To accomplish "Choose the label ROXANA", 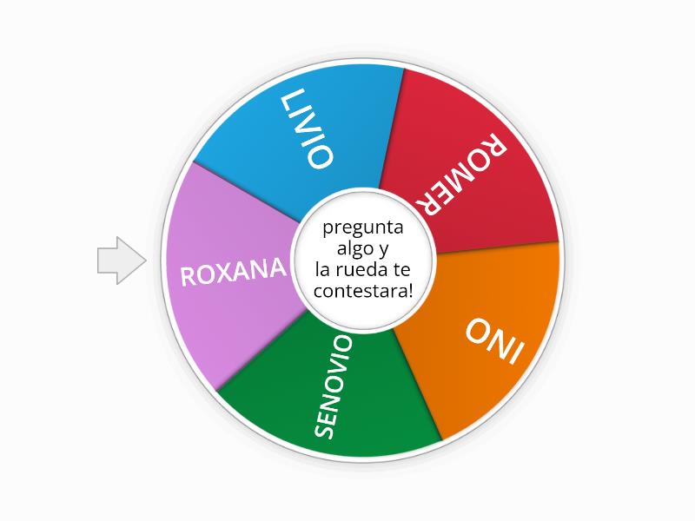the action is point(232,272).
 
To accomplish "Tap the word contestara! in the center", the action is point(363,291).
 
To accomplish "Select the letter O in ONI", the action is point(476,331).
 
